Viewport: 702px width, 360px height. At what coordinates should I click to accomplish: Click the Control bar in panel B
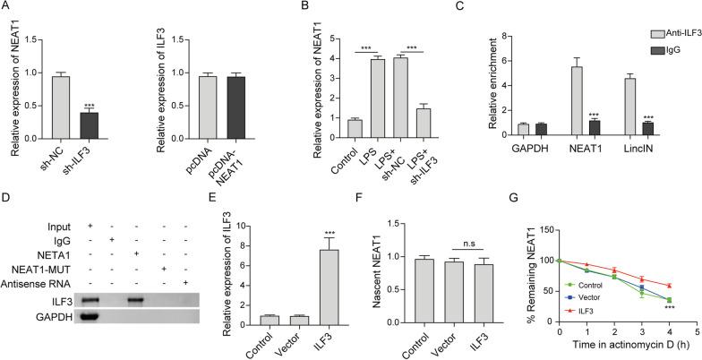click(x=330, y=131)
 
